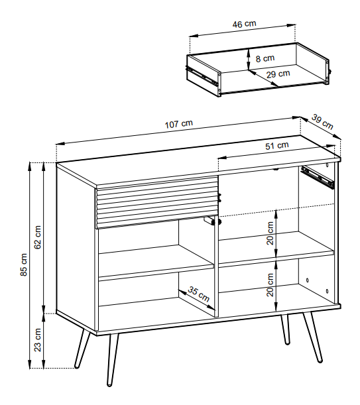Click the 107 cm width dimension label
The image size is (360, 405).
(179, 124)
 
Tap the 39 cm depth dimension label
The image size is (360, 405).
(322, 122)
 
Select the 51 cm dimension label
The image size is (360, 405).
(276, 146)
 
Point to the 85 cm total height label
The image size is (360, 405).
(23, 264)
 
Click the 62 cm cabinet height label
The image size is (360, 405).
(38, 237)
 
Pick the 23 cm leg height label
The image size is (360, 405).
(38, 340)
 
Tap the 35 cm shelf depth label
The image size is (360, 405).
(198, 294)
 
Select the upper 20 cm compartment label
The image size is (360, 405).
(270, 233)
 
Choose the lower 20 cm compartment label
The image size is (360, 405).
(270, 285)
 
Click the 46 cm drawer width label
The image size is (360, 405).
(244, 24)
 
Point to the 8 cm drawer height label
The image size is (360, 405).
(265, 58)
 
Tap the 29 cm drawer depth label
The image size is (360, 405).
(278, 74)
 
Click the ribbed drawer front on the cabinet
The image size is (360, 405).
(157, 202)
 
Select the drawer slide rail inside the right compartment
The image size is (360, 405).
(318, 177)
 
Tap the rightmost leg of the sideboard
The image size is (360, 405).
(313, 337)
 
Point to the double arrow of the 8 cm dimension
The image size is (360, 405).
(249, 60)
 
